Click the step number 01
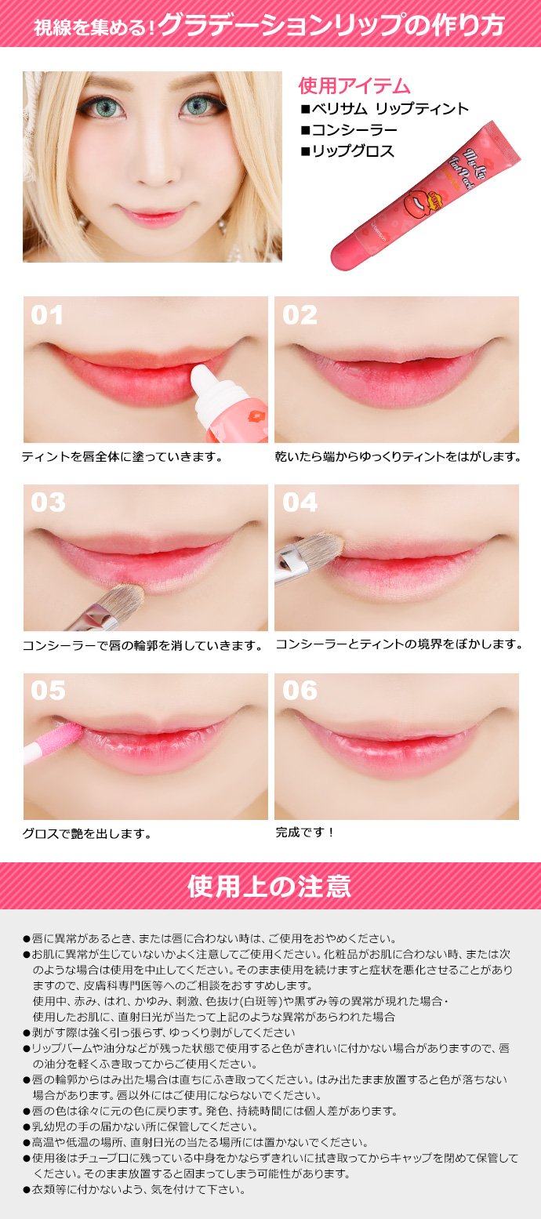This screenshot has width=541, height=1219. (x=47, y=315)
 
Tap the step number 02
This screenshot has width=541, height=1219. (x=300, y=315)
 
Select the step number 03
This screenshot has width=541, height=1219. (x=48, y=502)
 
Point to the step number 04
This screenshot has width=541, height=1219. (x=300, y=502)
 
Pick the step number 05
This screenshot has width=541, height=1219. (x=48, y=691)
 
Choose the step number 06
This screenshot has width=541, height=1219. (x=300, y=691)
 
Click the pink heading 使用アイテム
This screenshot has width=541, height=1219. (x=354, y=85)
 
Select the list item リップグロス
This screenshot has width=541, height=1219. (x=347, y=151)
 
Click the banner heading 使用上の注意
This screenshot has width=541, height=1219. (x=270, y=886)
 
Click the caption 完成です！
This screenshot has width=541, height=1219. (x=305, y=832)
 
